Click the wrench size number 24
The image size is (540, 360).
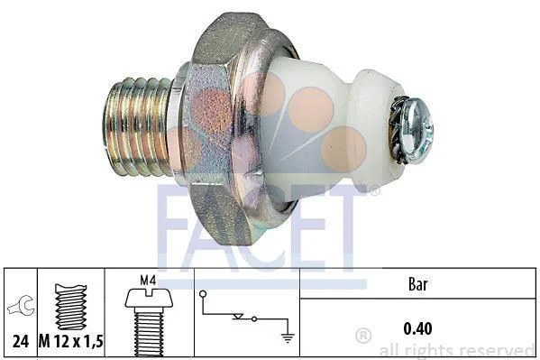coord(21,342)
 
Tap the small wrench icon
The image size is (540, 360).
coord(22,306)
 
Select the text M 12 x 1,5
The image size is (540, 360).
coord(71,342)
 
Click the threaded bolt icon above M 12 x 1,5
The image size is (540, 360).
coord(71,307)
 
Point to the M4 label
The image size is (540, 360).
coord(148,281)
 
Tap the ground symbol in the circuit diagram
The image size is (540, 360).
coord(288,338)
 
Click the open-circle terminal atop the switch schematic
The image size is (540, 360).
coord(203,294)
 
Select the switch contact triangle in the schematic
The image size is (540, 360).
coord(238,317)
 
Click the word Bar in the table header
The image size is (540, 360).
coord(417,284)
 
